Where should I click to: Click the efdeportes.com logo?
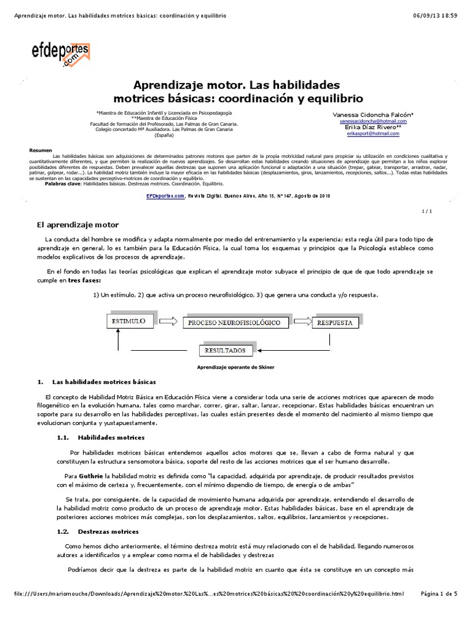coord(61,54)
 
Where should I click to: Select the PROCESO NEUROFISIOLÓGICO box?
coord(234,322)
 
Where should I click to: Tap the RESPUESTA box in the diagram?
coord(336,322)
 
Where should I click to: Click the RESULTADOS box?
coord(226,351)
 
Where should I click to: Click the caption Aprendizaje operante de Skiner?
coord(235,367)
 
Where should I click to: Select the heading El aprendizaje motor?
coord(78,225)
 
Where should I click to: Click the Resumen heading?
coord(41,150)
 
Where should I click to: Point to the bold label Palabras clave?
coord(63,183)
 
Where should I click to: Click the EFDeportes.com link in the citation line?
coord(165,197)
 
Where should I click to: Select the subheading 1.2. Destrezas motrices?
coord(97,531)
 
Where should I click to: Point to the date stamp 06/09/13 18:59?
coord(439,6)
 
